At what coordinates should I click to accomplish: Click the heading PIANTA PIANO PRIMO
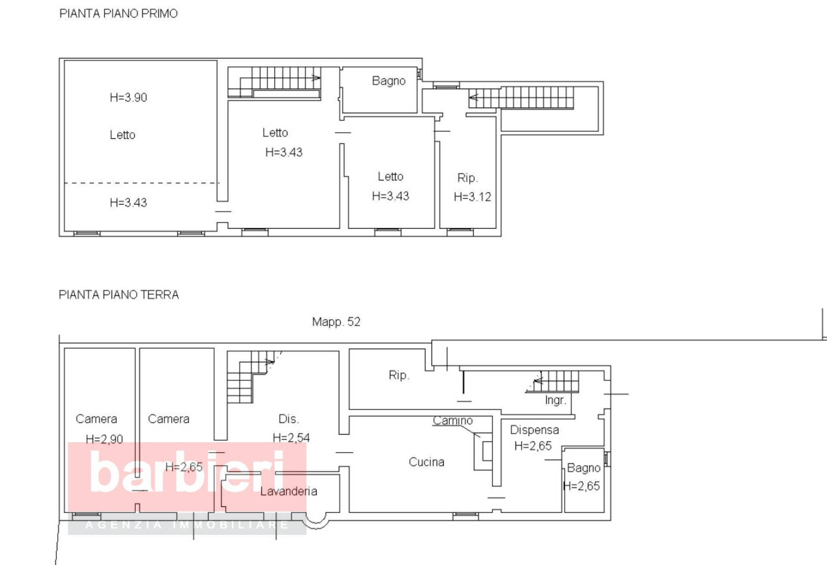(x=118, y=14)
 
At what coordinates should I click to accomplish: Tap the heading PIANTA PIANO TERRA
(x=118, y=295)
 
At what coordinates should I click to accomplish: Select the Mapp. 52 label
(x=336, y=322)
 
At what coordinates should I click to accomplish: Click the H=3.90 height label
(x=128, y=98)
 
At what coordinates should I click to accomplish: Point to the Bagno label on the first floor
(x=389, y=81)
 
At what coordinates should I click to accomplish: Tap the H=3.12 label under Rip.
(x=472, y=197)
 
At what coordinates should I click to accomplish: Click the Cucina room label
(x=426, y=462)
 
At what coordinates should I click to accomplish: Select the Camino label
(x=453, y=421)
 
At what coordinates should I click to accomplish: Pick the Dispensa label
(x=534, y=430)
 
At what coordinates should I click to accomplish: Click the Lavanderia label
(x=289, y=491)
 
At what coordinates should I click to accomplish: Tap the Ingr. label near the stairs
(x=555, y=400)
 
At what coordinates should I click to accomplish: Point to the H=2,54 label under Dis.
(x=291, y=438)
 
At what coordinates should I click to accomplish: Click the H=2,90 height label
(x=104, y=439)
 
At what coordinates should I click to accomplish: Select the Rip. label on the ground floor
(x=398, y=376)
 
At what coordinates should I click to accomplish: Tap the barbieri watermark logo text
(x=187, y=472)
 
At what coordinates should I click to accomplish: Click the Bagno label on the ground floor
(x=583, y=468)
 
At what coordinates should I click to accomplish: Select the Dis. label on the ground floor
(x=289, y=419)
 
